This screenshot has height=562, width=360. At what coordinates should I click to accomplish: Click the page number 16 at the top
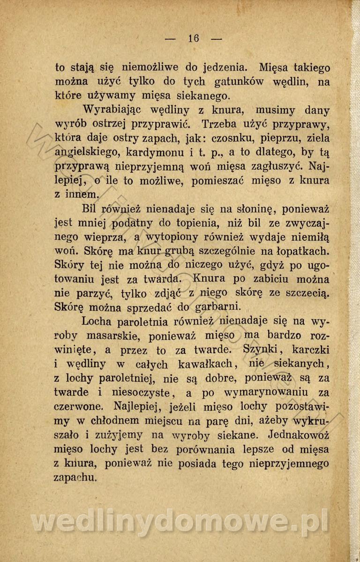pos(193,38)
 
